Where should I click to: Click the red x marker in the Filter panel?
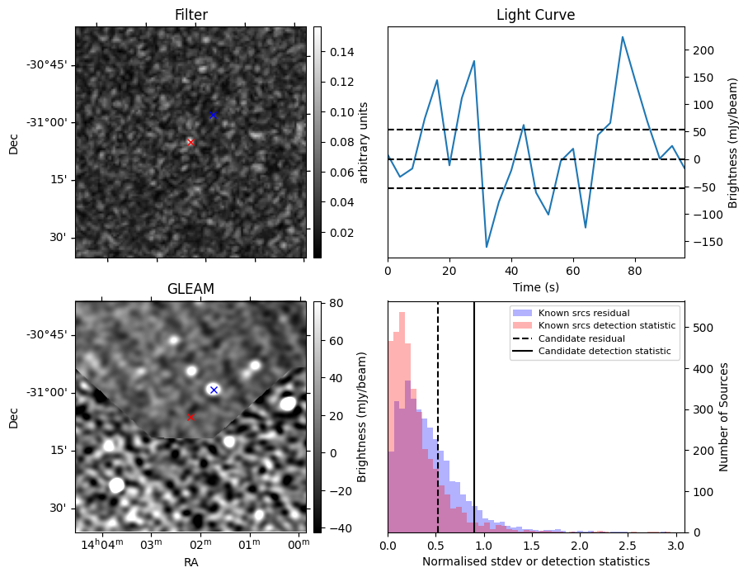pos(191,142)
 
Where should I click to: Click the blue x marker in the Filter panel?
pos(213,115)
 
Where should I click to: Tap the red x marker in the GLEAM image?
pos(191,417)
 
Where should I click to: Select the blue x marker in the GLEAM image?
pos(214,390)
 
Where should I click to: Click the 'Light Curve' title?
pos(535,15)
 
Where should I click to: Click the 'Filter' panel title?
pos(191,15)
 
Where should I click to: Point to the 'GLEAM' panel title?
pos(191,289)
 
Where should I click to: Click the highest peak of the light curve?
pos(623,37)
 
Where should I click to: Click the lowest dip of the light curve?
pos(487,247)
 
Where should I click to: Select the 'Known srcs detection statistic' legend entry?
pos(606,326)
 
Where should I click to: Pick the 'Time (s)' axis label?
pos(535,286)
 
